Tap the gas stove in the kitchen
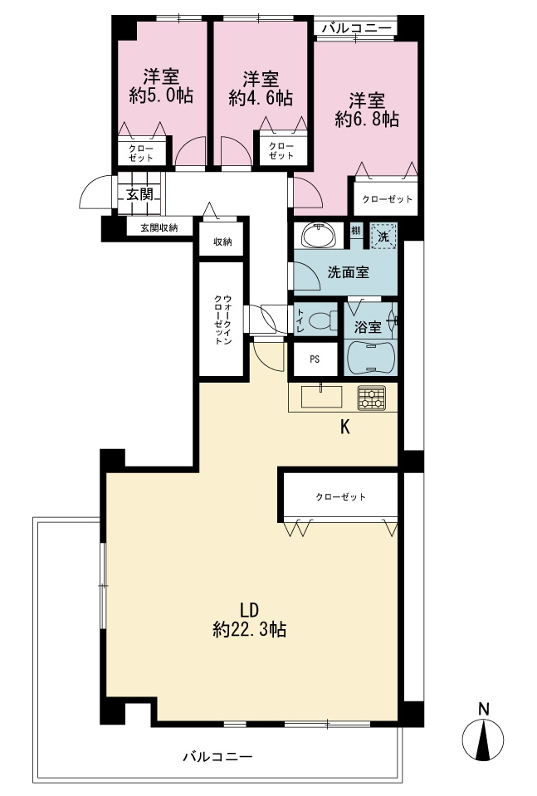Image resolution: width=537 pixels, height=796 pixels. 372,398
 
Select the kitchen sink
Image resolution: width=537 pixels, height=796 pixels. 321,397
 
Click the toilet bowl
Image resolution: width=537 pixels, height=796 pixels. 323,320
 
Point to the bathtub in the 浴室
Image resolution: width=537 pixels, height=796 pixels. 370,358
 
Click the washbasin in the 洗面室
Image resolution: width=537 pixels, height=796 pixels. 318,235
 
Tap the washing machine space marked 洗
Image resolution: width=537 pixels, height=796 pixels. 383,236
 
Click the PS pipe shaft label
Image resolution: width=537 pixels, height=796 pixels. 315,359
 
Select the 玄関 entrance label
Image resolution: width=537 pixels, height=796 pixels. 139,194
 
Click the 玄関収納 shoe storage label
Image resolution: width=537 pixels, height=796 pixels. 159,228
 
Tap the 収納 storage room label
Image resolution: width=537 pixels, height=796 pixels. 222,242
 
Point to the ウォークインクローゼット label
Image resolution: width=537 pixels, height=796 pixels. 222,320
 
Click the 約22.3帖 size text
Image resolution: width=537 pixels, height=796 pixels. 250,630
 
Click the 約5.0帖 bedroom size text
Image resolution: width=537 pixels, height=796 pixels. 161,95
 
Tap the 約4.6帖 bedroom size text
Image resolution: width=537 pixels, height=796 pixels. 261,97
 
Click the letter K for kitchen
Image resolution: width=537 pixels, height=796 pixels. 345,427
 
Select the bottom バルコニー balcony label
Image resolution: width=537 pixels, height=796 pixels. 217,758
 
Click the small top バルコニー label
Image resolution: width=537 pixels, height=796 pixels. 356,28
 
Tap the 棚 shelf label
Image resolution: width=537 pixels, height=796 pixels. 356,230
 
